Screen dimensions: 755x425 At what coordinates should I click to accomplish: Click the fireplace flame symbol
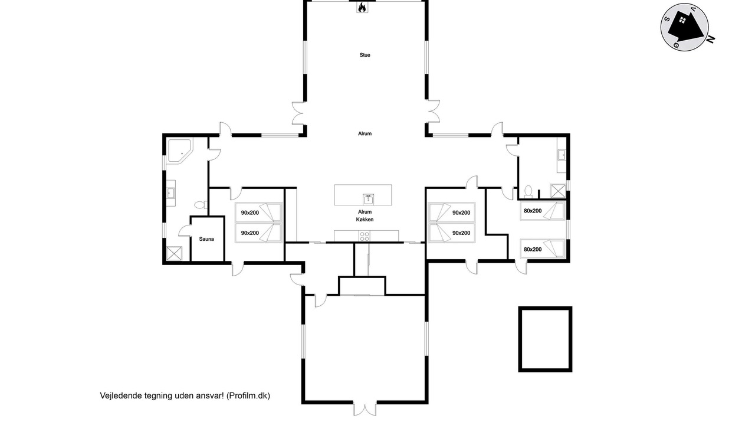(362, 8)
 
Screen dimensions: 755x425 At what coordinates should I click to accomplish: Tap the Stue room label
(365, 55)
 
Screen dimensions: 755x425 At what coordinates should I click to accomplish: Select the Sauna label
(206, 239)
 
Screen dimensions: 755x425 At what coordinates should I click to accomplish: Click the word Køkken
(365, 220)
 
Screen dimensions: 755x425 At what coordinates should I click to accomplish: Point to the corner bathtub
(179, 151)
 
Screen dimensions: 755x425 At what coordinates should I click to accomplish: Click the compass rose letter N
(711, 40)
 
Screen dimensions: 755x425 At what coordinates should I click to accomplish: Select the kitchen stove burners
(364, 236)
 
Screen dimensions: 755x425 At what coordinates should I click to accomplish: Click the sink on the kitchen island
(369, 200)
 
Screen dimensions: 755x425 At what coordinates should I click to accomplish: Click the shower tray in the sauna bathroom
(174, 253)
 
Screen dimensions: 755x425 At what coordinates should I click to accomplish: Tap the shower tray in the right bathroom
(558, 191)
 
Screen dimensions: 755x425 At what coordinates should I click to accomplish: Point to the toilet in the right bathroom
(528, 192)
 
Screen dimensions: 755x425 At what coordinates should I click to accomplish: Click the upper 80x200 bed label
(533, 211)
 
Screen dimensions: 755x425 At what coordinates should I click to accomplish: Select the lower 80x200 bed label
(533, 250)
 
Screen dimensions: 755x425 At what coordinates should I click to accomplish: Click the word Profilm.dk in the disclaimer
(248, 395)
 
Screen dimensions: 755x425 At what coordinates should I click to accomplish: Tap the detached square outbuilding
(545, 339)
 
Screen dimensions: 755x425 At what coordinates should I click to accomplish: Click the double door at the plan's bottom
(365, 409)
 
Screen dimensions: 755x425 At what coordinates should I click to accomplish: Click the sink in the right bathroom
(562, 155)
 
